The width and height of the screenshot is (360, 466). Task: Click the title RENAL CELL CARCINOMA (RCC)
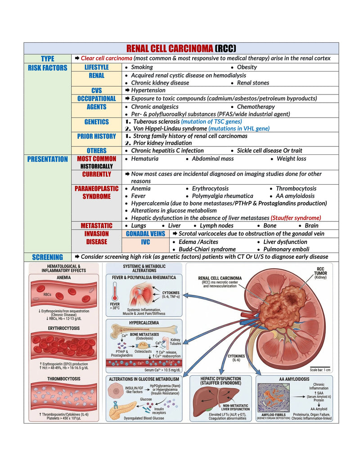181,48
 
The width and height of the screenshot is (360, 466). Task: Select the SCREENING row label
48,257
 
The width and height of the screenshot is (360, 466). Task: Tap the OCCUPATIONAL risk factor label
97,99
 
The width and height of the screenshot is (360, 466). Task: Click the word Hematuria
144,158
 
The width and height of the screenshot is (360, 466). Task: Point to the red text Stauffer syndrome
296,218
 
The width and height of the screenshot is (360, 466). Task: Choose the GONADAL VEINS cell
145,234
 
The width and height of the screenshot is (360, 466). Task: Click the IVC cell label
145,242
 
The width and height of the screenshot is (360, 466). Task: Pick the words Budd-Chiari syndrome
207,249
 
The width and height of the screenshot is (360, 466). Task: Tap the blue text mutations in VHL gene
239,129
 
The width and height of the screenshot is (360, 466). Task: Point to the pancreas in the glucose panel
123,411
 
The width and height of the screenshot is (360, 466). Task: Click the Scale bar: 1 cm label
320,370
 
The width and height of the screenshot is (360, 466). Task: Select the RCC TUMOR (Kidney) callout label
320,273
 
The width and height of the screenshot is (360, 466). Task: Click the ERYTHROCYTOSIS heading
64,328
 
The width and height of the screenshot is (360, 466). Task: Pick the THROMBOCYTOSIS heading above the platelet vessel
64,379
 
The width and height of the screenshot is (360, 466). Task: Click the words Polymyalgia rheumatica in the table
222,196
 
